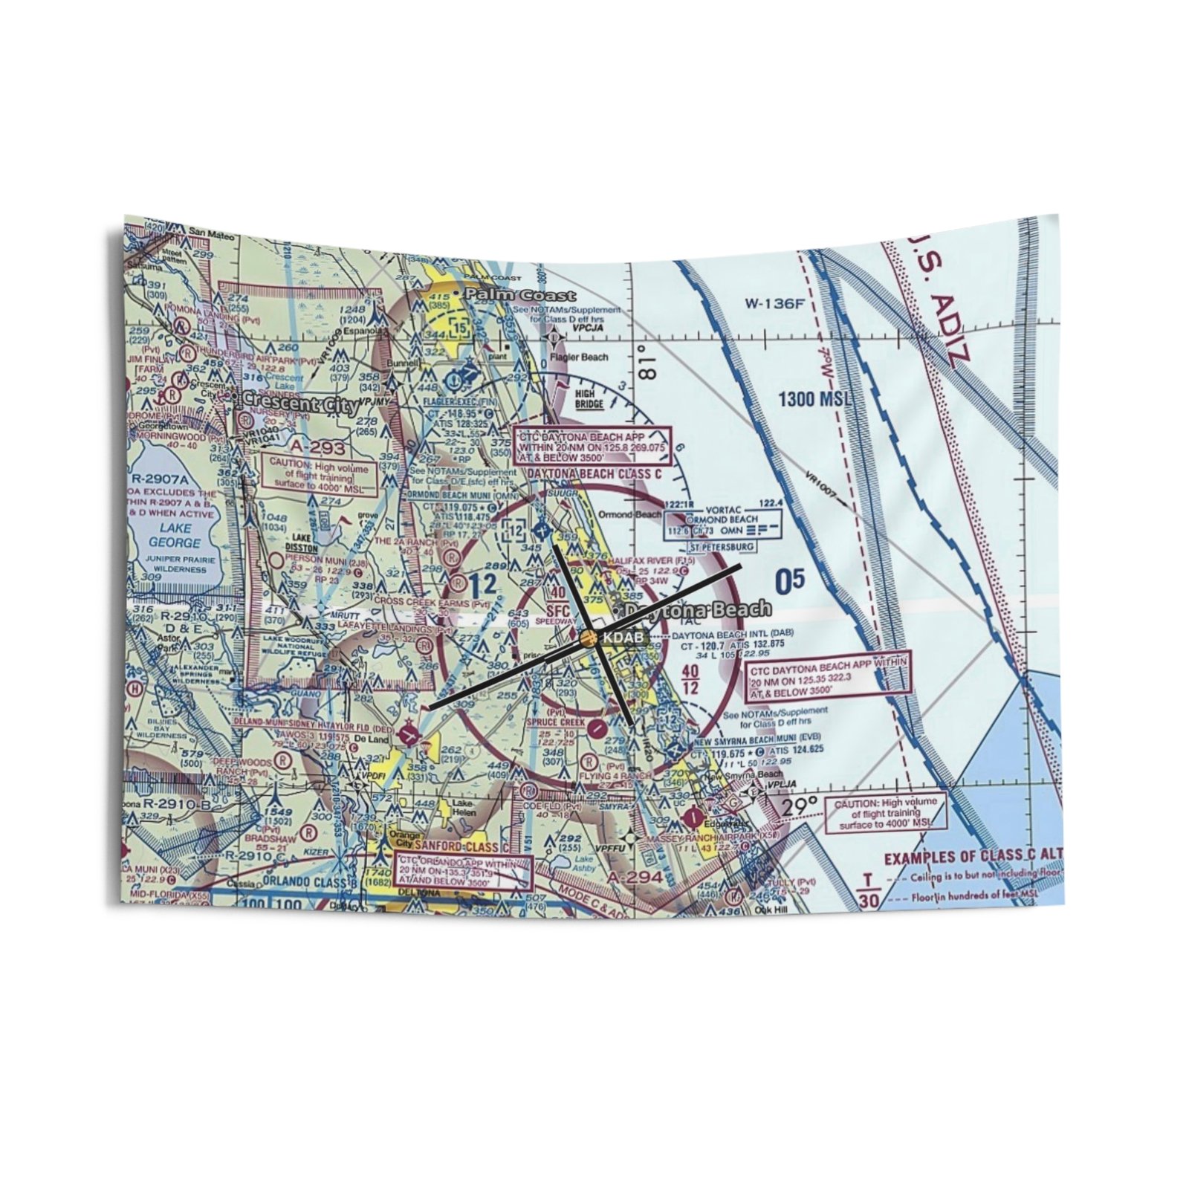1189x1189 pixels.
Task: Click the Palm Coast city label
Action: click(519, 295)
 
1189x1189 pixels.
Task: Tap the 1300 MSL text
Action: click(814, 400)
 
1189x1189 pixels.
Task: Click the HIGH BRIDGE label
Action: click(590, 400)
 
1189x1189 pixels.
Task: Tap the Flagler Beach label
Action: click(580, 357)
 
